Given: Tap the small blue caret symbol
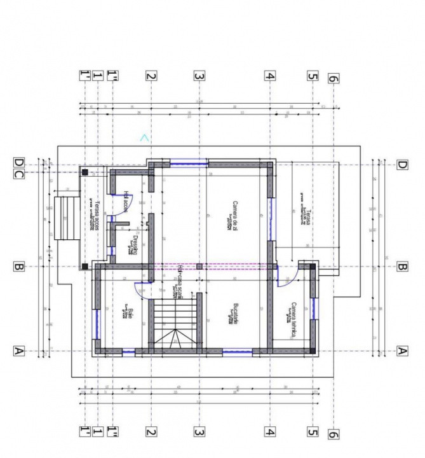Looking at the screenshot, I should (x=145, y=137).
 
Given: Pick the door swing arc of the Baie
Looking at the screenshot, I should (x=145, y=289).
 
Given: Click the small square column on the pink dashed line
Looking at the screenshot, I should (x=199, y=266).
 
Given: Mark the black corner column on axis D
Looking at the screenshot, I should (x=83, y=171).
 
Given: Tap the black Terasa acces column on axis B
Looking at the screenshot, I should (x=83, y=266).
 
